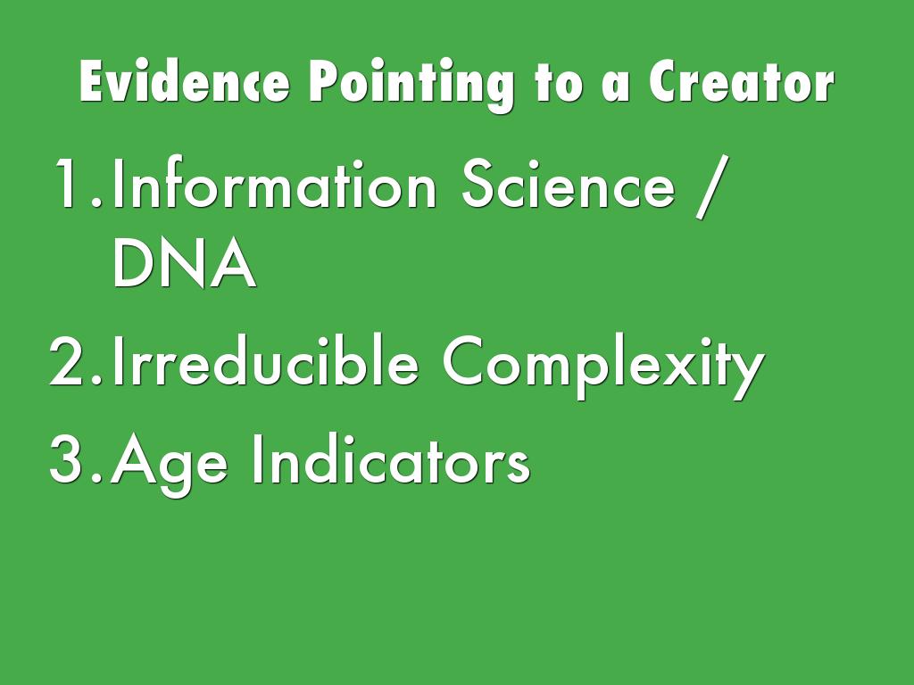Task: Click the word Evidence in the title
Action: coord(184,81)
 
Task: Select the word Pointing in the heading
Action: coord(411,85)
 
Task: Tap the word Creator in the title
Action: coord(742,82)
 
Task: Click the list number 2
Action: coord(76,360)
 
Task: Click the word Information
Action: coord(274,182)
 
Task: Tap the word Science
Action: coord(569,182)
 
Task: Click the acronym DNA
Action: coord(184,262)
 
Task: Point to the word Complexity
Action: coord(603,366)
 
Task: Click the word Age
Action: coord(169,464)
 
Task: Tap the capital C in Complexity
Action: coord(467,360)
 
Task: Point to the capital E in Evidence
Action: coord(92,81)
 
